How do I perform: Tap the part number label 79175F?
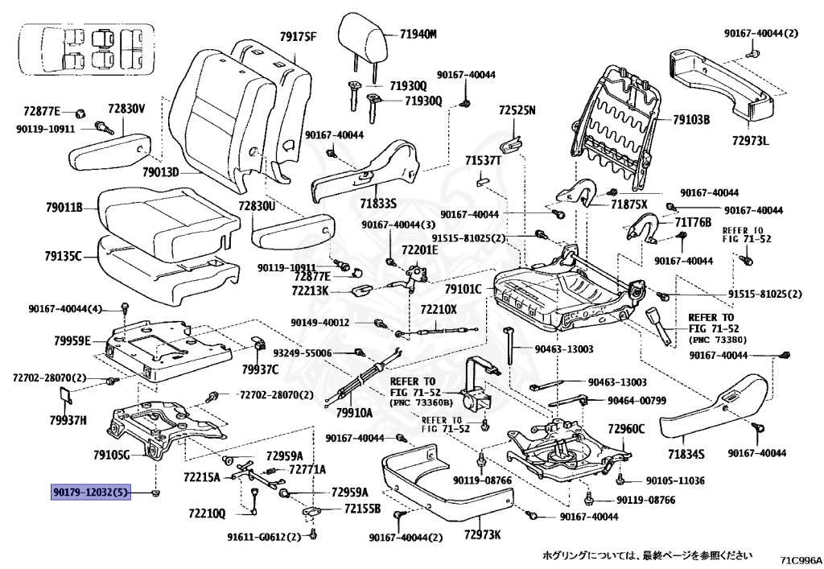(299, 36)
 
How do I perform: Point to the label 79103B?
(691, 120)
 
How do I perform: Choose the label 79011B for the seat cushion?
(64, 208)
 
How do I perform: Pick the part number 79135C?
(64, 257)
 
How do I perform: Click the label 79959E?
(72, 340)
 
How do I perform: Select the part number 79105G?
(111, 455)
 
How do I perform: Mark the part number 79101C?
(463, 289)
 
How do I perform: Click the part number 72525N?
(517, 110)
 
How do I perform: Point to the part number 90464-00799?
(637, 400)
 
